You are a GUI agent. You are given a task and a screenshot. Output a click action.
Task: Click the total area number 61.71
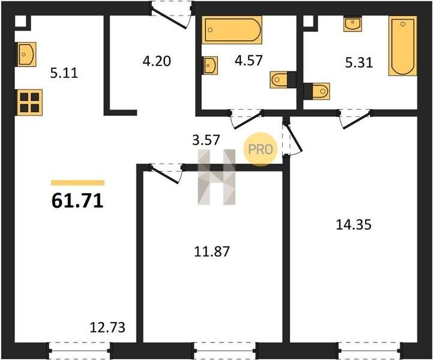click(77, 200)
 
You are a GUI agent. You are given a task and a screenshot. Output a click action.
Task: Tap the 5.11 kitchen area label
click(64, 73)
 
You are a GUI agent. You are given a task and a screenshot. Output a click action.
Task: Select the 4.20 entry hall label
click(157, 61)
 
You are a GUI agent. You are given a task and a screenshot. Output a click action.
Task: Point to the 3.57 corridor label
click(206, 140)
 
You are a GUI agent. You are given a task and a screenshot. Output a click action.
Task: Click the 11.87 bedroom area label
click(212, 251)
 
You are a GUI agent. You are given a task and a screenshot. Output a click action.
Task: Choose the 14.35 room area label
click(354, 224)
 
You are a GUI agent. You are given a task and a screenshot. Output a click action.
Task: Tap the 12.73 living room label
click(107, 328)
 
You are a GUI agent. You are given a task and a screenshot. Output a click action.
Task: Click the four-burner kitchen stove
click(29, 103)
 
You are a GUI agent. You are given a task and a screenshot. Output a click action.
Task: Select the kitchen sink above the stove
click(27, 55)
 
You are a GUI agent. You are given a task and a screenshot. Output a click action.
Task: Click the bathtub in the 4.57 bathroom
click(232, 30)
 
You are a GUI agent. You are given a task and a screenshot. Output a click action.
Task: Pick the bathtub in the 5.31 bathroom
click(402, 46)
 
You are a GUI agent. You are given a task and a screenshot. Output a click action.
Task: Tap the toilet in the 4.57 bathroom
click(283, 80)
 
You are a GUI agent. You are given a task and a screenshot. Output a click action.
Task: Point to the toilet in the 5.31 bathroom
click(316, 91)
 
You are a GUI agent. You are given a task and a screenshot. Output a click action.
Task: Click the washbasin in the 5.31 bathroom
click(353, 24)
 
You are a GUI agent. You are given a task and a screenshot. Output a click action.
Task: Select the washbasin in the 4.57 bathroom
click(210, 65)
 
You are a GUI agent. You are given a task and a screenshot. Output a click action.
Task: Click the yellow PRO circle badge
click(260, 149)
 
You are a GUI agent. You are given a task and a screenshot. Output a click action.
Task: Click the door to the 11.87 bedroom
click(166, 173)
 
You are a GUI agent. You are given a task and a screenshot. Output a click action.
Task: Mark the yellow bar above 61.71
click(78, 182)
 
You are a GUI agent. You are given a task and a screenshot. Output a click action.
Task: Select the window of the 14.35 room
click(371, 350)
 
